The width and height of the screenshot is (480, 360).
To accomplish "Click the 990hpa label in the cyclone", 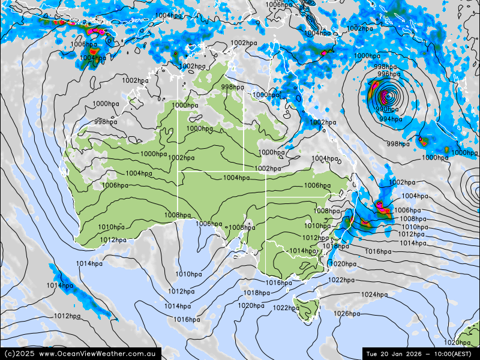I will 387,109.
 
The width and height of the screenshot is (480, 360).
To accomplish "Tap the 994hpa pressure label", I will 391,119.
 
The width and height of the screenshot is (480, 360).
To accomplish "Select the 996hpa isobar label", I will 389,74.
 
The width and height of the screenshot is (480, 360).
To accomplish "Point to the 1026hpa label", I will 347,314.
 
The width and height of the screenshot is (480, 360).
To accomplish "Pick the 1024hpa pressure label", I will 374,295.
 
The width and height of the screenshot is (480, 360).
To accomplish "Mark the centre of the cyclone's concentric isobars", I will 387,95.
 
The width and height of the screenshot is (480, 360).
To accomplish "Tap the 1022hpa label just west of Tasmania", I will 286,308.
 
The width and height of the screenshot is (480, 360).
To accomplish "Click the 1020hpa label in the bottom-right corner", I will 457,343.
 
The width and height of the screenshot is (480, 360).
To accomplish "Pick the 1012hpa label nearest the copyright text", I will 67,316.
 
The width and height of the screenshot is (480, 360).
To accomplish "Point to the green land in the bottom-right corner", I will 471,336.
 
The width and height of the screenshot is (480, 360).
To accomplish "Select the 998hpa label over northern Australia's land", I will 232,87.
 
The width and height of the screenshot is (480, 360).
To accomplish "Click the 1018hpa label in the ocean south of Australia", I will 256,293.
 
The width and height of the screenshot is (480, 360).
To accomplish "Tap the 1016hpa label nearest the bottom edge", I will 187,319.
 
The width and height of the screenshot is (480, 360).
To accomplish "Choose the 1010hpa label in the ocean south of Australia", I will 188,274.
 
